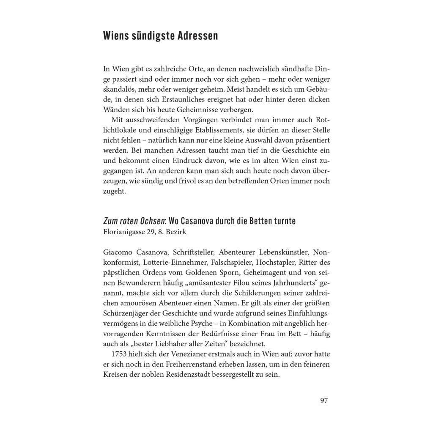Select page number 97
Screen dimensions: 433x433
click(x=324, y=401)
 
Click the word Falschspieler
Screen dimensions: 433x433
click(x=225, y=262)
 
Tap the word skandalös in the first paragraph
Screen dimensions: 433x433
click(x=120, y=89)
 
